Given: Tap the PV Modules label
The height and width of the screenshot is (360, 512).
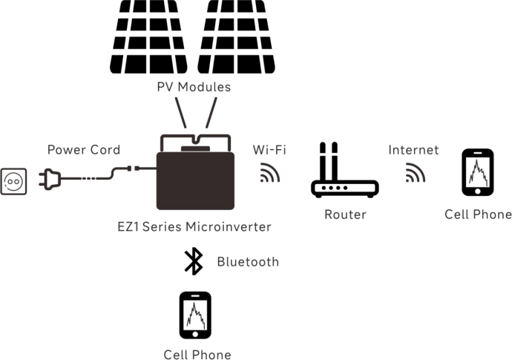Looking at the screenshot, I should point(194,87).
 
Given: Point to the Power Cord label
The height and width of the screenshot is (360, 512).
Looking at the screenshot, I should point(83,150).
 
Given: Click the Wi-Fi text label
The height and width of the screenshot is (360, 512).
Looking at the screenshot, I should point(270,150).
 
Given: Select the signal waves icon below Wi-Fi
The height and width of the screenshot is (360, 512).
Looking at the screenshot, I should point(269,174).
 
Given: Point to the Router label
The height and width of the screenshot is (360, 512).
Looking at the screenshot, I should point(345,215).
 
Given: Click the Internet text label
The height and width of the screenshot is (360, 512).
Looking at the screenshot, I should point(413,150).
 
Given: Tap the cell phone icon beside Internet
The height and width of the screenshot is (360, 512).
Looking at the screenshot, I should point(477,172).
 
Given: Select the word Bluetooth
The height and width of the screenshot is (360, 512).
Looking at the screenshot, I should point(248,261).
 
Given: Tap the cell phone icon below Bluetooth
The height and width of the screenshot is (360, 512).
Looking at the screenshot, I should point(195,315).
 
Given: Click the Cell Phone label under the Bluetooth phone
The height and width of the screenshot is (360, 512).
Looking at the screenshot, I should point(197,355).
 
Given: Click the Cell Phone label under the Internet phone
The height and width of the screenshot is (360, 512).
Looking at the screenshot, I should point(478,215).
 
